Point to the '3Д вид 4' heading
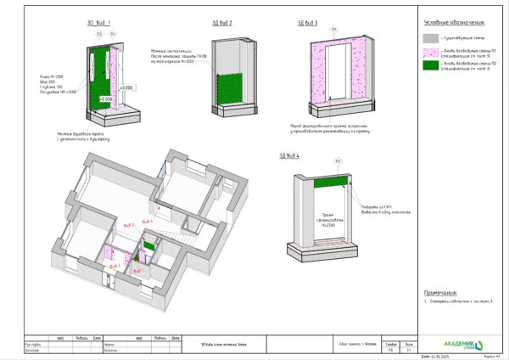click(x=289, y=155)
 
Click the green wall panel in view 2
click(x=229, y=87)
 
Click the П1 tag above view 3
click(x=334, y=31)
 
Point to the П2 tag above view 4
click(x=338, y=160)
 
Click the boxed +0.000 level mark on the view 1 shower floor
click(x=107, y=99)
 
